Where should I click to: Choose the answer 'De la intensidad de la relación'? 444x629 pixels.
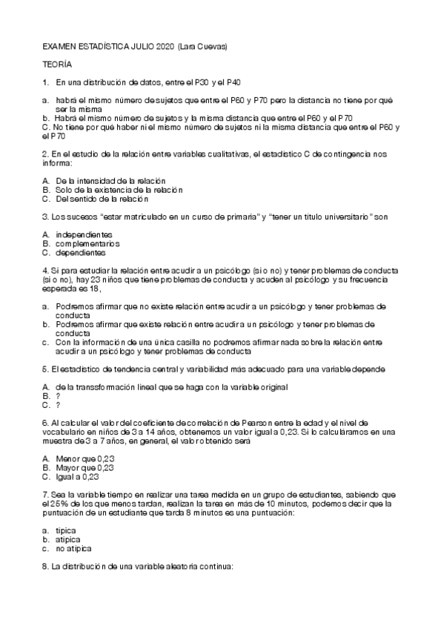click(x=110, y=181)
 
